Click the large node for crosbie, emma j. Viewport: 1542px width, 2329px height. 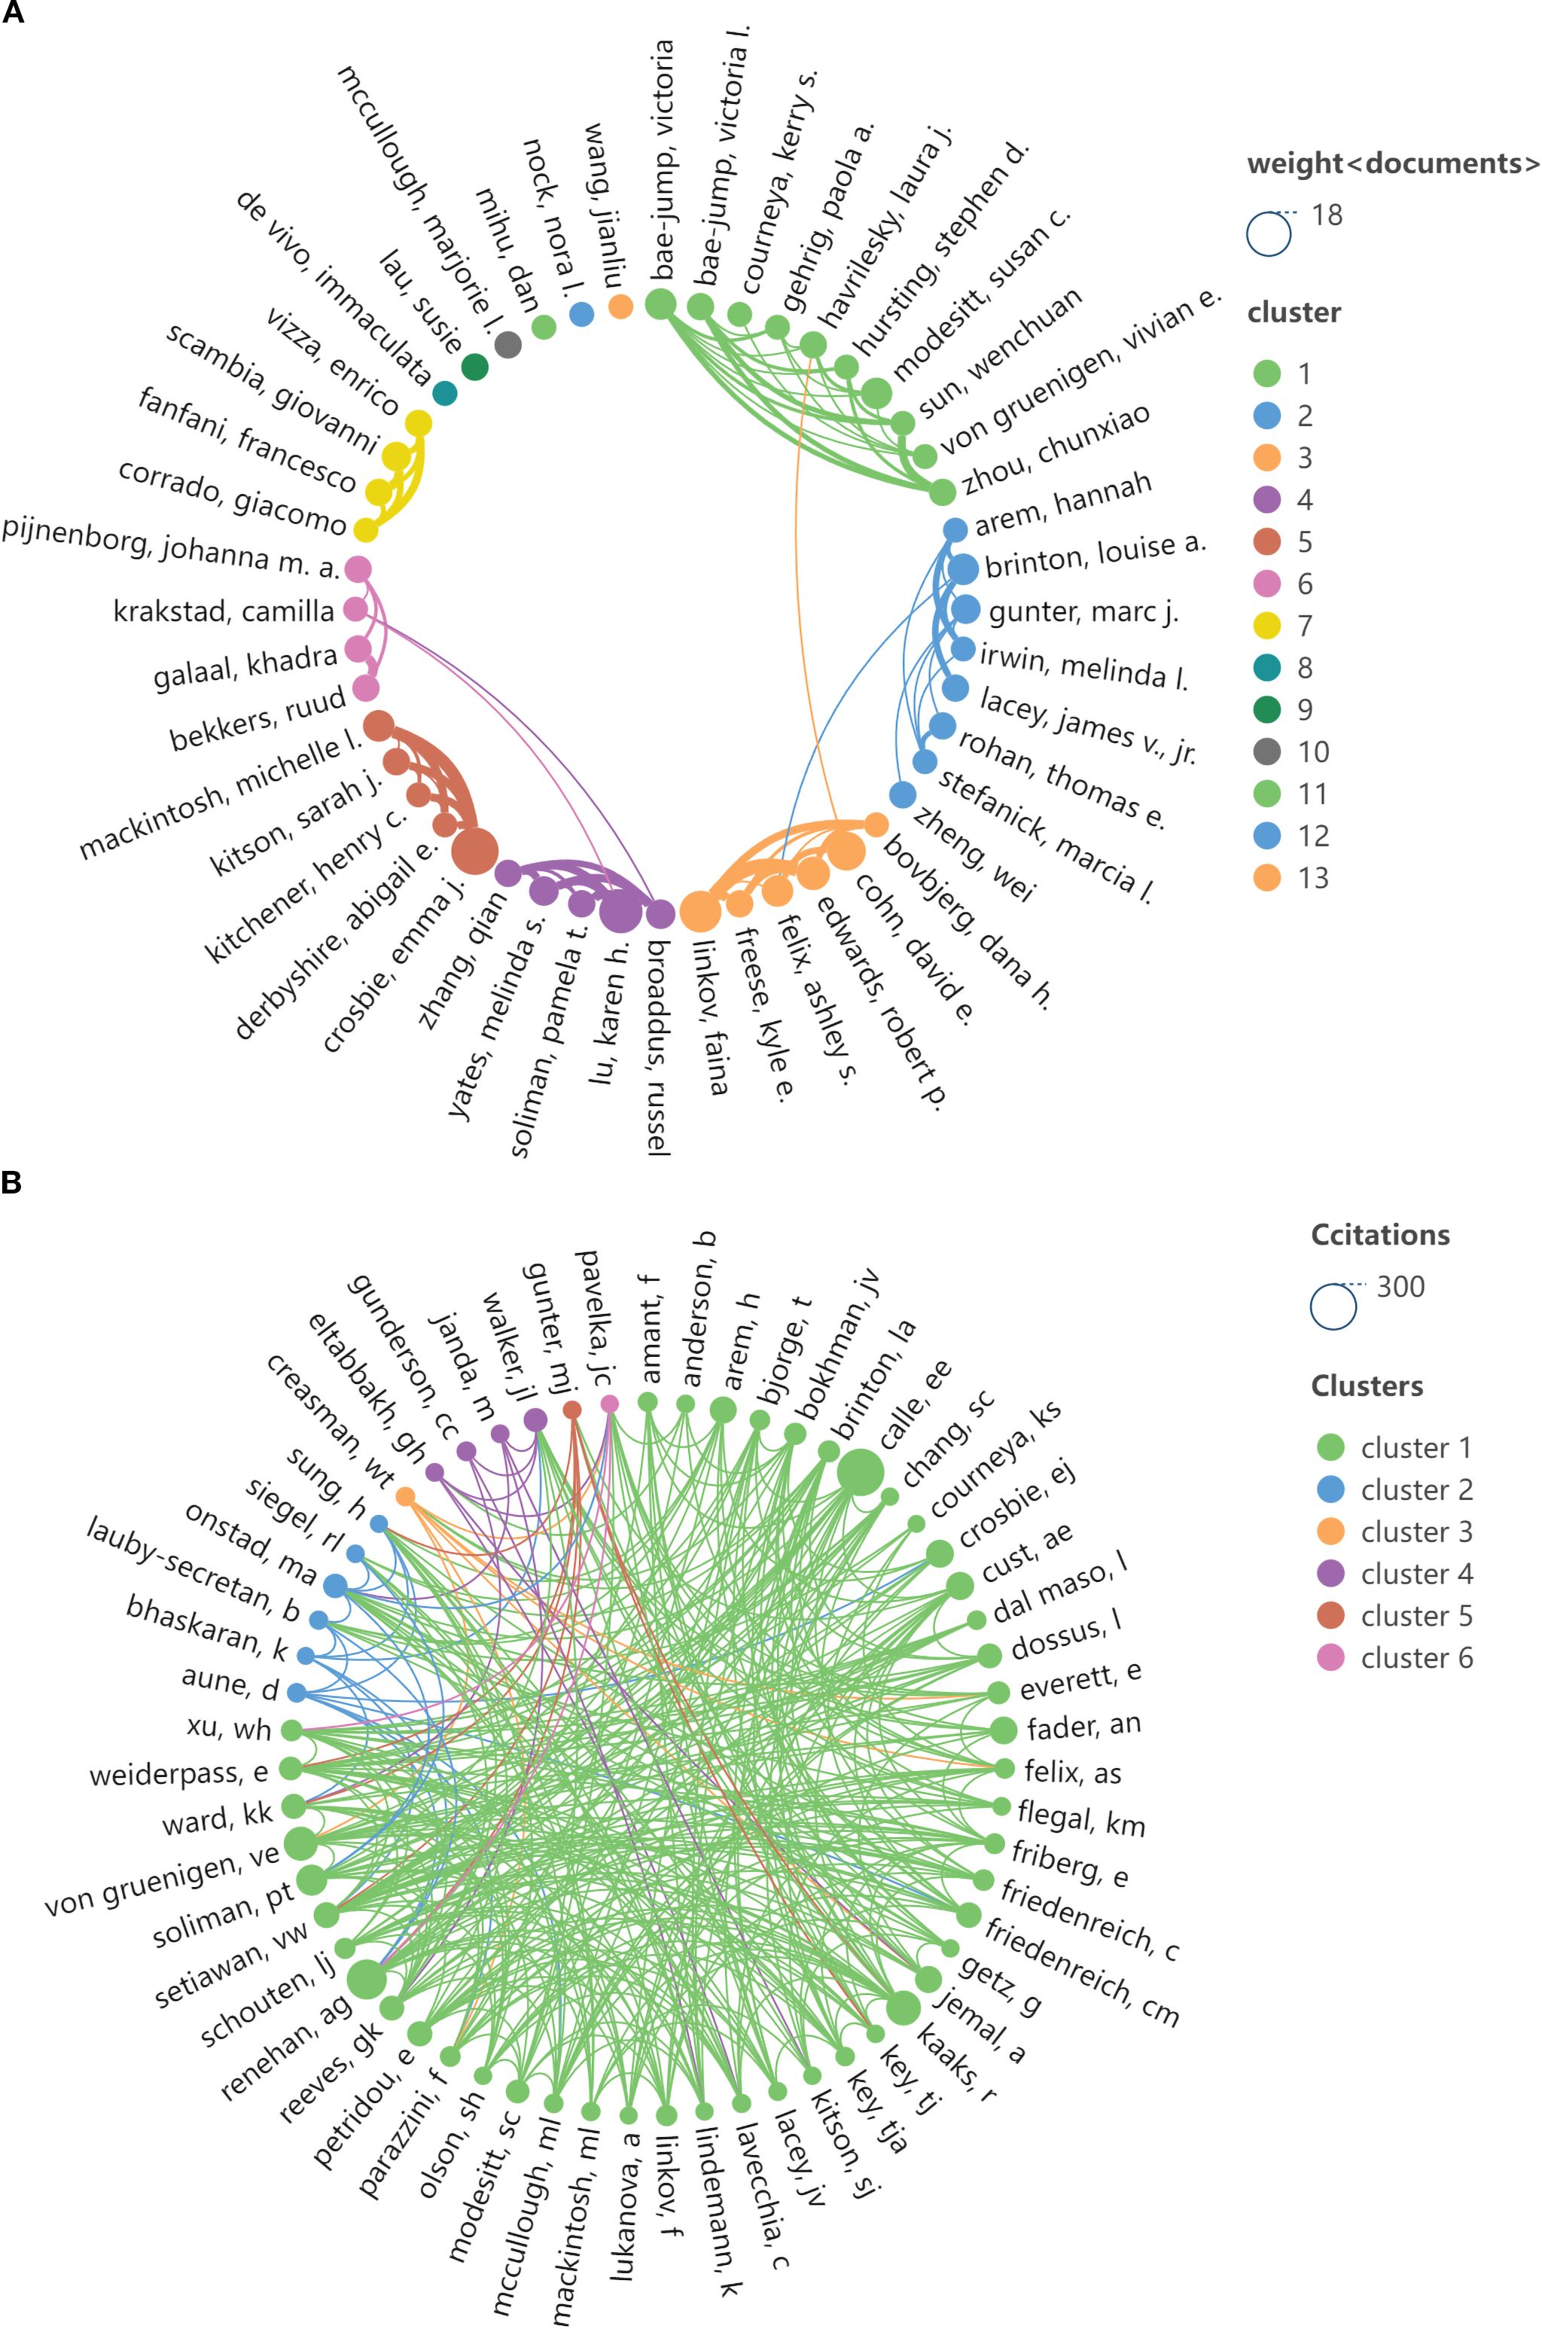[x=477, y=851]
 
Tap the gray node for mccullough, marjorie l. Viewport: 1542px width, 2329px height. [x=507, y=344]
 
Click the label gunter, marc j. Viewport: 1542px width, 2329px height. [x=1083, y=613]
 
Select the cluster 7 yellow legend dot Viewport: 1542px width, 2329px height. [x=1268, y=626]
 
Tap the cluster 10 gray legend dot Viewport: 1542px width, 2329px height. [x=1268, y=751]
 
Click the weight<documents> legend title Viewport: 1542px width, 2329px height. [x=1392, y=163]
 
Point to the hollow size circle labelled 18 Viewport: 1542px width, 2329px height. [x=1269, y=235]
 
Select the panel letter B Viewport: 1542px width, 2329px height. [x=13, y=1182]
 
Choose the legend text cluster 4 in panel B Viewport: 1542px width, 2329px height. [x=1416, y=1574]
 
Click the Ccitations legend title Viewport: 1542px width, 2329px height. [x=1379, y=1234]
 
